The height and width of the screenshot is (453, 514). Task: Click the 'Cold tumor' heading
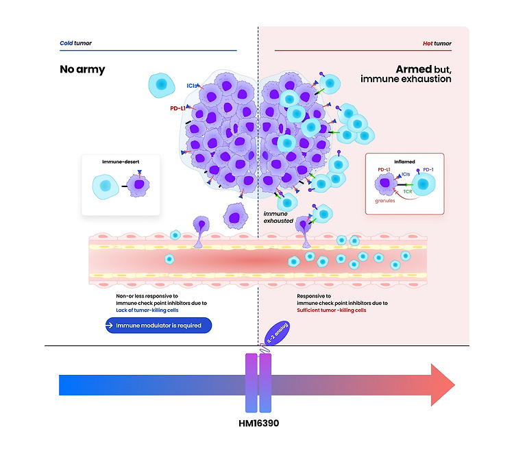click(75, 43)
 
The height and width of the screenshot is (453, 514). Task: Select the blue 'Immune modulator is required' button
click(158, 326)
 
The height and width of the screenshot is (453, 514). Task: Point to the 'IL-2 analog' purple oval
click(277, 334)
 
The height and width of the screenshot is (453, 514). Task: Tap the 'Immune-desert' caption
click(121, 162)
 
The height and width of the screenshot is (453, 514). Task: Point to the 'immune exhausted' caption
click(279, 217)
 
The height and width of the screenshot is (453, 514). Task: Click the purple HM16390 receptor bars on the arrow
click(258, 384)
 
